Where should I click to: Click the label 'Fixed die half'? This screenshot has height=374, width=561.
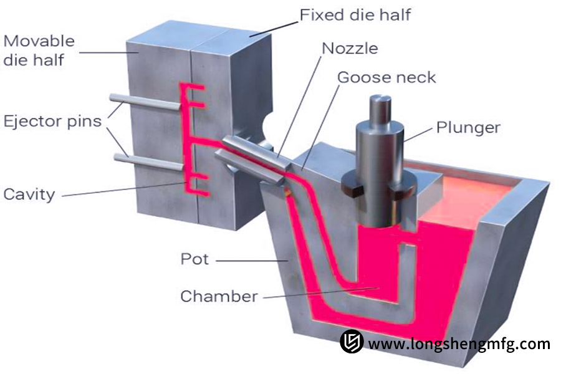[355, 14]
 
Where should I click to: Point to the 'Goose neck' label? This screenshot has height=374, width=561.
[386, 77]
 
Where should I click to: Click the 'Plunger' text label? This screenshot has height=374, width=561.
[468, 128]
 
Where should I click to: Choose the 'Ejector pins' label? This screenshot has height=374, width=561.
[52, 120]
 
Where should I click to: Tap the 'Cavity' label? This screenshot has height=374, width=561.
[29, 194]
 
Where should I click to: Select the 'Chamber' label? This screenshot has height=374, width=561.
[219, 296]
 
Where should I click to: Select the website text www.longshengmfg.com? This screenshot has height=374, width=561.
[459, 343]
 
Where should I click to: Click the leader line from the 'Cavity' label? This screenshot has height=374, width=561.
[125, 189]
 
